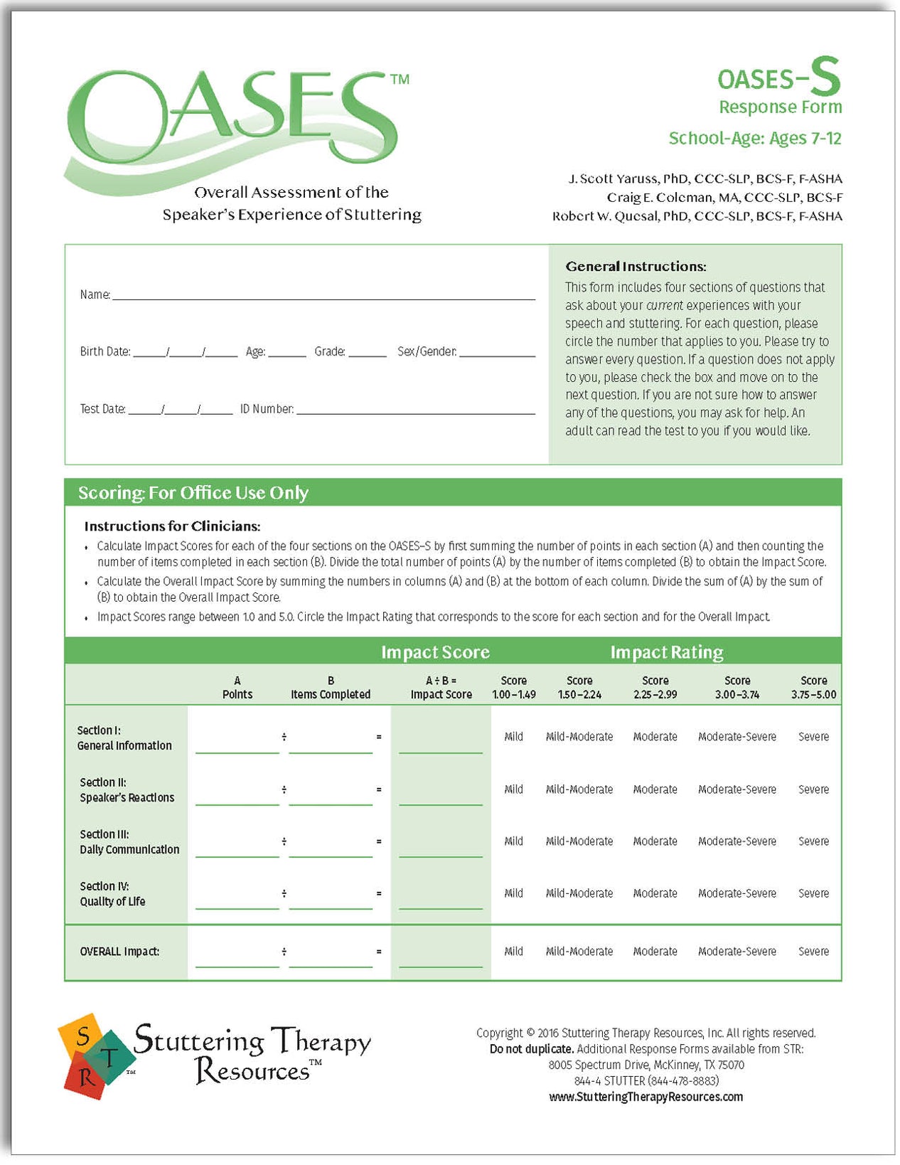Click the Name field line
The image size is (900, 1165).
click(x=323, y=295)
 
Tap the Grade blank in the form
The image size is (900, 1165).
click(x=368, y=352)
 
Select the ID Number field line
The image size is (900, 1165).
click(x=416, y=410)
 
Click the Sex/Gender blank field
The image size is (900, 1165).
click(x=497, y=352)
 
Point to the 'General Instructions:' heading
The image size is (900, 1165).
click(x=636, y=267)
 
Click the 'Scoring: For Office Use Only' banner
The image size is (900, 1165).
click(x=193, y=493)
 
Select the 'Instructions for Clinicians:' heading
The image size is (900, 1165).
click(x=172, y=526)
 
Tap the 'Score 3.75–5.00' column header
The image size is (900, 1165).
click(x=813, y=687)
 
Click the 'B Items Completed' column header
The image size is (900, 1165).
click(x=331, y=687)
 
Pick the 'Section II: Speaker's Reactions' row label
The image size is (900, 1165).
click(x=127, y=790)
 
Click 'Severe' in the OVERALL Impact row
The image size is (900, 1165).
click(x=813, y=952)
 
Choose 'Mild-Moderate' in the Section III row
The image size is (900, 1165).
click(x=579, y=841)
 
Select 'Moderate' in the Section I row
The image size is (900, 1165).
click(x=655, y=737)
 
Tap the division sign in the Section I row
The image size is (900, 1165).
click(x=284, y=737)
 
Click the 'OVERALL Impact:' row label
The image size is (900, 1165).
click(x=119, y=952)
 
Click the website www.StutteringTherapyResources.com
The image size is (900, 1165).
click(x=645, y=1097)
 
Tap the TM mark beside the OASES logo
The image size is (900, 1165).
click(x=400, y=79)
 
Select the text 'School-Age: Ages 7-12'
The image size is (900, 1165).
click(x=754, y=138)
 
